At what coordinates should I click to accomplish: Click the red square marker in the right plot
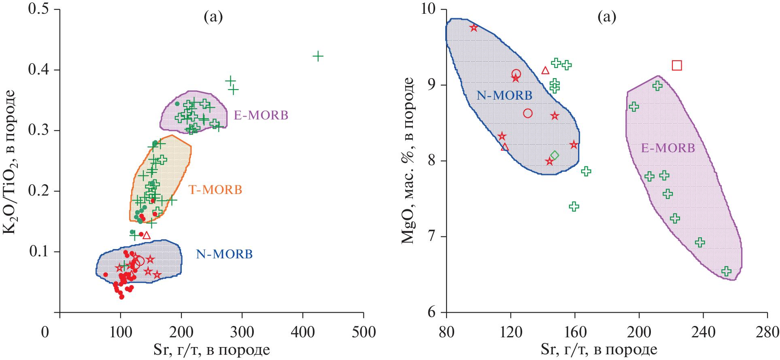(x=677, y=65)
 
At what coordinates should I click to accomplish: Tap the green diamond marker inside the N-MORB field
(x=555, y=156)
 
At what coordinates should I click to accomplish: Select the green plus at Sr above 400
(x=318, y=56)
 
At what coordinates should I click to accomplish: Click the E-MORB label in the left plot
(x=261, y=115)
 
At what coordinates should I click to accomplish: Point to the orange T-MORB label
(x=215, y=190)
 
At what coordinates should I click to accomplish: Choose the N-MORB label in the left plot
(x=224, y=254)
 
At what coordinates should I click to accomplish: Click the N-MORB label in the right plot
(x=504, y=96)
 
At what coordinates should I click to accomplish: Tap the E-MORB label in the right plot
(x=668, y=148)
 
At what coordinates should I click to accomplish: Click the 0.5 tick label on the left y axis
(x=38, y=9)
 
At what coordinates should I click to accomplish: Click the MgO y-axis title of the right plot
(x=408, y=160)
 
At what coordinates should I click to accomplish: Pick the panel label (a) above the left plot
(x=213, y=17)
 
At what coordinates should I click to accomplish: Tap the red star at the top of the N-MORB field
(x=474, y=28)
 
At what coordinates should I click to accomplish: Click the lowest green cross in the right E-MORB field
(x=726, y=271)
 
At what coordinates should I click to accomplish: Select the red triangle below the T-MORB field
(x=147, y=235)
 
